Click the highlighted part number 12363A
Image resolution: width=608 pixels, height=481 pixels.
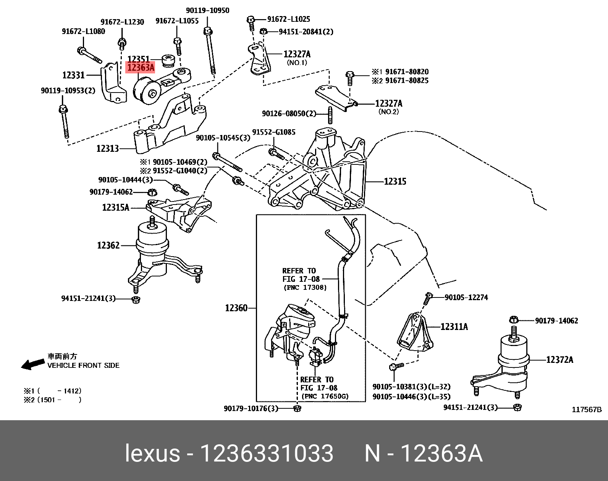[x=141, y=68]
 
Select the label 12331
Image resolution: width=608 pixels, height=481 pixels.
[x=73, y=75]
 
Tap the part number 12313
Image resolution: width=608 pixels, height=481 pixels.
[x=108, y=148]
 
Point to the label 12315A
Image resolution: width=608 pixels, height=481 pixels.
[x=116, y=208]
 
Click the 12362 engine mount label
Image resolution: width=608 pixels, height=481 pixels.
[x=108, y=245]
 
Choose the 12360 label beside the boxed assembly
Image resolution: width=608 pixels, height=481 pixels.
[x=236, y=308]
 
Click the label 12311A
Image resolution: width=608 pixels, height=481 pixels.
[x=454, y=327]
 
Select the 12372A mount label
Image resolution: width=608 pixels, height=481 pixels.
[x=559, y=360]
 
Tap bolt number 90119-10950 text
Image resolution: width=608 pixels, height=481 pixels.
[x=208, y=11]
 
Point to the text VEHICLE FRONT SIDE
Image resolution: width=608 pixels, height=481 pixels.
[x=83, y=366]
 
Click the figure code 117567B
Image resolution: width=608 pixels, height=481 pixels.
[x=586, y=410]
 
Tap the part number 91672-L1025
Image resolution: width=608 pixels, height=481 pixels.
[x=288, y=19]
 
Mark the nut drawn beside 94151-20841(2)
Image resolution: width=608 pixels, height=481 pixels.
[x=263, y=31]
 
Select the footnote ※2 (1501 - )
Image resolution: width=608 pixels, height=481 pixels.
[x=52, y=400]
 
